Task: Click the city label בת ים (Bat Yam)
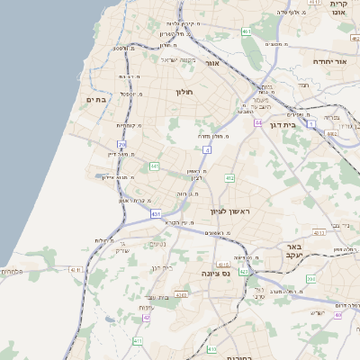pos(96,99)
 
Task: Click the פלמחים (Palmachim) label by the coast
pos(12,271)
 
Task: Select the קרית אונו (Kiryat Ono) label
pos(340,7)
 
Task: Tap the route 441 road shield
pos(155,166)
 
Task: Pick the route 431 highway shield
pos(156,214)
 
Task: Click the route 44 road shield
pos(257,121)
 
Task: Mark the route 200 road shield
pos(310,279)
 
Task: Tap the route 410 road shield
pos(138,341)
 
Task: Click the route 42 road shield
pos(147,318)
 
